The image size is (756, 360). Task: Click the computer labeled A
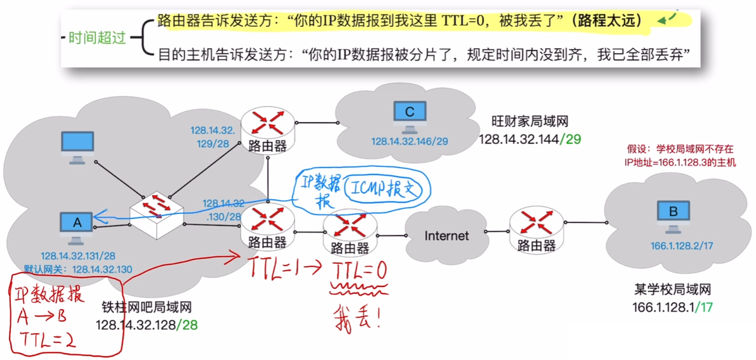pyautogui.click(x=77, y=225)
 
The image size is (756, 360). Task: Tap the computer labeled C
pyautogui.click(x=409, y=115)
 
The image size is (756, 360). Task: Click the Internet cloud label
pyautogui.click(x=446, y=236)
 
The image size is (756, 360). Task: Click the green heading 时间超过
pyautogui.click(x=97, y=38)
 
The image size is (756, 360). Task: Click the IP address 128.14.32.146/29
pyautogui.click(x=409, y=141)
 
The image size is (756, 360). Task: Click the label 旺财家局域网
pyautogui.click(x=530, y=121)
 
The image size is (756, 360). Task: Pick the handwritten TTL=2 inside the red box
pyautogui.click(x=46, y=338)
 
